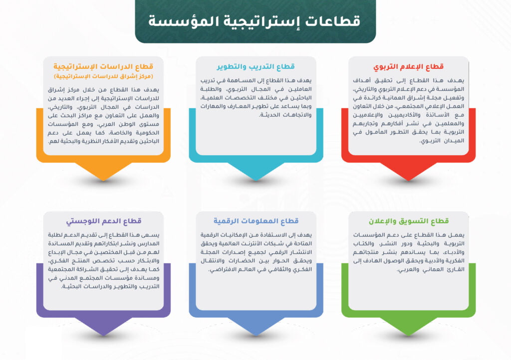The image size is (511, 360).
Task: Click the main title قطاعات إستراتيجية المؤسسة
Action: pyautogui.click(x=255, y=20)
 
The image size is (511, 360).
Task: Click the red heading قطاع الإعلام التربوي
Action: pyautogui.click(x=408, y=67)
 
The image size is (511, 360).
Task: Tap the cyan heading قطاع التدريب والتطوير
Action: pyautogui.click(x=256, y=67)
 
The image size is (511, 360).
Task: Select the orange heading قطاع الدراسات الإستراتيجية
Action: pyautogui.click(x=103, y=67)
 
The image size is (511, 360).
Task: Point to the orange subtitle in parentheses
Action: pyautogui.click(x=103, y=76)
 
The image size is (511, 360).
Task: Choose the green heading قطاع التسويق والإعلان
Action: pyautogui.click(x=409, y=221)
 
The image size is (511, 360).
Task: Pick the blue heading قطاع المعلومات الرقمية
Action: pyautogui.click(x=256, y=221)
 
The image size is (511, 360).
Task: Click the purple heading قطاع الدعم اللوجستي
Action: pyautogui.click(x=104, y=221)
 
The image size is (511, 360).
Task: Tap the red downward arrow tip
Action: pyautogui.click(x=408, y=180)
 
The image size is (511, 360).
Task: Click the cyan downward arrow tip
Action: pyautogui.click(x=256, y=180)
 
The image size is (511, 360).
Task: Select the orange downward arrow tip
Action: pyautogui.click(x=103, y=180)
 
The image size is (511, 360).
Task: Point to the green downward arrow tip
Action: pyautogui.click(x=408, y=336)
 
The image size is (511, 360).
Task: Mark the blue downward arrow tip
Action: pyautogui.click(x=256, y=336)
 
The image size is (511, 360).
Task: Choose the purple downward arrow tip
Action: pyautogui.click(x=103, y=336)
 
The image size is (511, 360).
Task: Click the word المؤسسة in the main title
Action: pyautogui.click(x=179, y=20)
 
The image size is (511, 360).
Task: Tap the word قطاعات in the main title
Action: pyautogui.click(x=332, y=20)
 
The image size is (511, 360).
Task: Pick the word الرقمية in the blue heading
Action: pyautogui.click(x=225, y=221)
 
